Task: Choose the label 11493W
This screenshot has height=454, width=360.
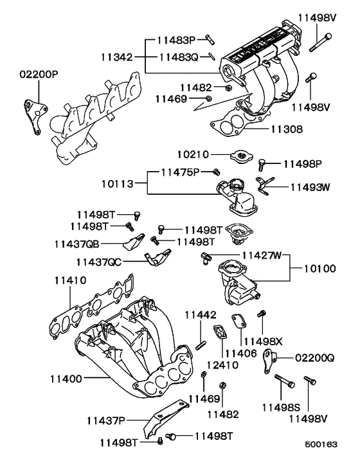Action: tap(309, 188)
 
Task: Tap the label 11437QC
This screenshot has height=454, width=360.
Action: tap(98, 262)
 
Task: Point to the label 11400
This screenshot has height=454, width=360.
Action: tap(65, 379)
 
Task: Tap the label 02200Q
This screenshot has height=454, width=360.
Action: tap(316, 356)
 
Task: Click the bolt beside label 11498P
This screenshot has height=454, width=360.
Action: tap(262, 165)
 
